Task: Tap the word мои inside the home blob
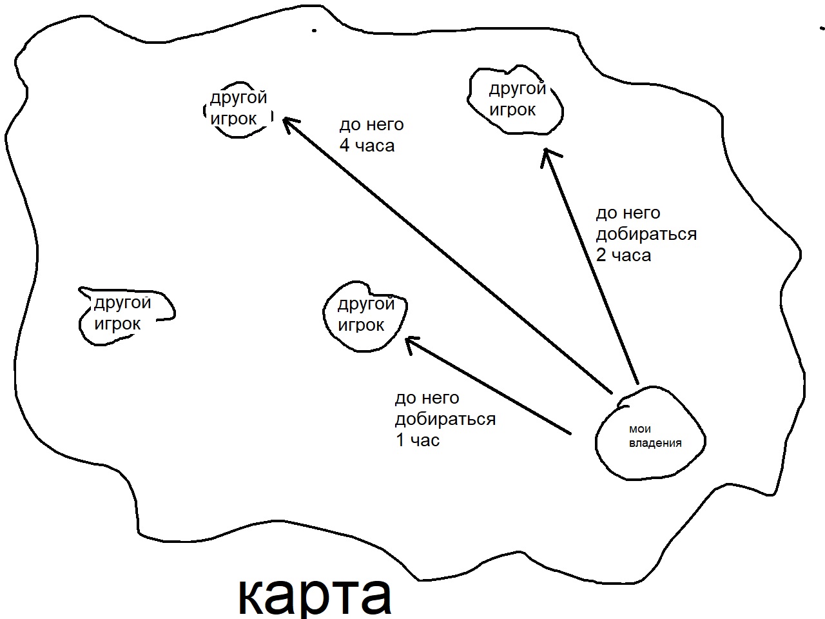click(639, 429)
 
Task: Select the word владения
click(655, 443)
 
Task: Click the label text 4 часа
click(367, 146)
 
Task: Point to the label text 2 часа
click(623, 255)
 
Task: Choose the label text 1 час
click(417, 440)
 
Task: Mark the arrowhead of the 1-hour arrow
click(409, 341)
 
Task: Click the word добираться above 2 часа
click(646, 234)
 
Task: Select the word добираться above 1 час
click(445, 419)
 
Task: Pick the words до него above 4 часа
click(371, 124)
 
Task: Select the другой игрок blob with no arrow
click(124, 314)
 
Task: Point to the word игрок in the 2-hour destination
click(512, 110)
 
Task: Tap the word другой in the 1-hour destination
click(365, 304)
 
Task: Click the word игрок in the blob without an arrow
click(117, 324)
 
